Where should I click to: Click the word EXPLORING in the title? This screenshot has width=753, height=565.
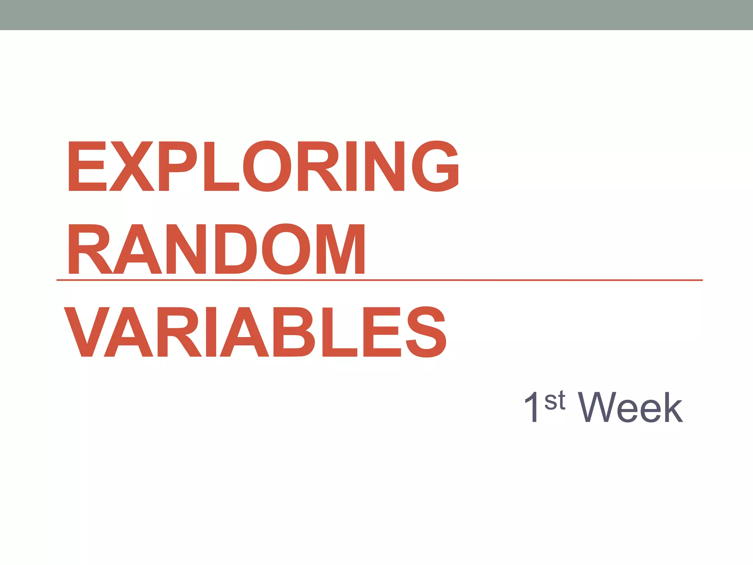(x=263, y=166)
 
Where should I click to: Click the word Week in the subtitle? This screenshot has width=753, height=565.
(x=630, y=408)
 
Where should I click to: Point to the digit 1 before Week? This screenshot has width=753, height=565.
(x=532, y=408)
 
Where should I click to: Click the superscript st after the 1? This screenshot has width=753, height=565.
(x=555, y=401)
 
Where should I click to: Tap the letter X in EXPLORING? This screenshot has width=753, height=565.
(x=132, y=166)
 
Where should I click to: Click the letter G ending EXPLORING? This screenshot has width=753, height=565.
(x=435, y=166)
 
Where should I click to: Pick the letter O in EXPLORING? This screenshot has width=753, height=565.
(x=267, y=166)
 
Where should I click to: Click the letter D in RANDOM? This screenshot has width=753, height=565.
(x=236, y=249)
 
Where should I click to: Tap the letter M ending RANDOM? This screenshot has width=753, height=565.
(x=340, y=249)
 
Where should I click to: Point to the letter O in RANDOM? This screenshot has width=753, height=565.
(x=286, y=249)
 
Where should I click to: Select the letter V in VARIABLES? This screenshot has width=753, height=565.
(x=87, y=332)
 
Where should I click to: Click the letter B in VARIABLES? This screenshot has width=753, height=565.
(x=299, y=332)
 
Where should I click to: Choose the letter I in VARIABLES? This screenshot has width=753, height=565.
(x=211, y=332)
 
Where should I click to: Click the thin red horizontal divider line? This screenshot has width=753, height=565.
(x=515, y=280)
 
